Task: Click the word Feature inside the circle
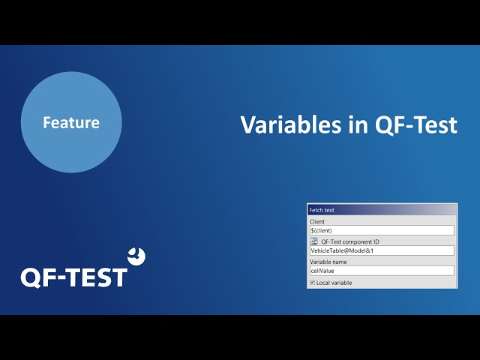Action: coord(71,122)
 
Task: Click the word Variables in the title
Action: coord(290,124)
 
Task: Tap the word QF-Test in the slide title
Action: coord(416,125)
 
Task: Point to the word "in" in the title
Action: coord(358,124)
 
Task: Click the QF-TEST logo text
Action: coord(73,277)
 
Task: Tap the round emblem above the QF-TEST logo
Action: coord(136,256)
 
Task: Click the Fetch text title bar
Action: coord(382,210)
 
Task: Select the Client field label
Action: coord(316,222)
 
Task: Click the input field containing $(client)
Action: coord(382,230)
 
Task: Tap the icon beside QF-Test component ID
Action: coord(313,241)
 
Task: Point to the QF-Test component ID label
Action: coord(350,241)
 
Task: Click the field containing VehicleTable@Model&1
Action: coord(382,250)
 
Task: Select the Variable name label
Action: coord(328,262)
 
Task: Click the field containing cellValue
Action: coord(382,271)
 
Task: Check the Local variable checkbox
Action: coord(312,283)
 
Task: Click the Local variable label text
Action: coord(334,283)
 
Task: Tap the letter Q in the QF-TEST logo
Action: coord(31,278)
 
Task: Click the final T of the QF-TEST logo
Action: coord(118,277)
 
